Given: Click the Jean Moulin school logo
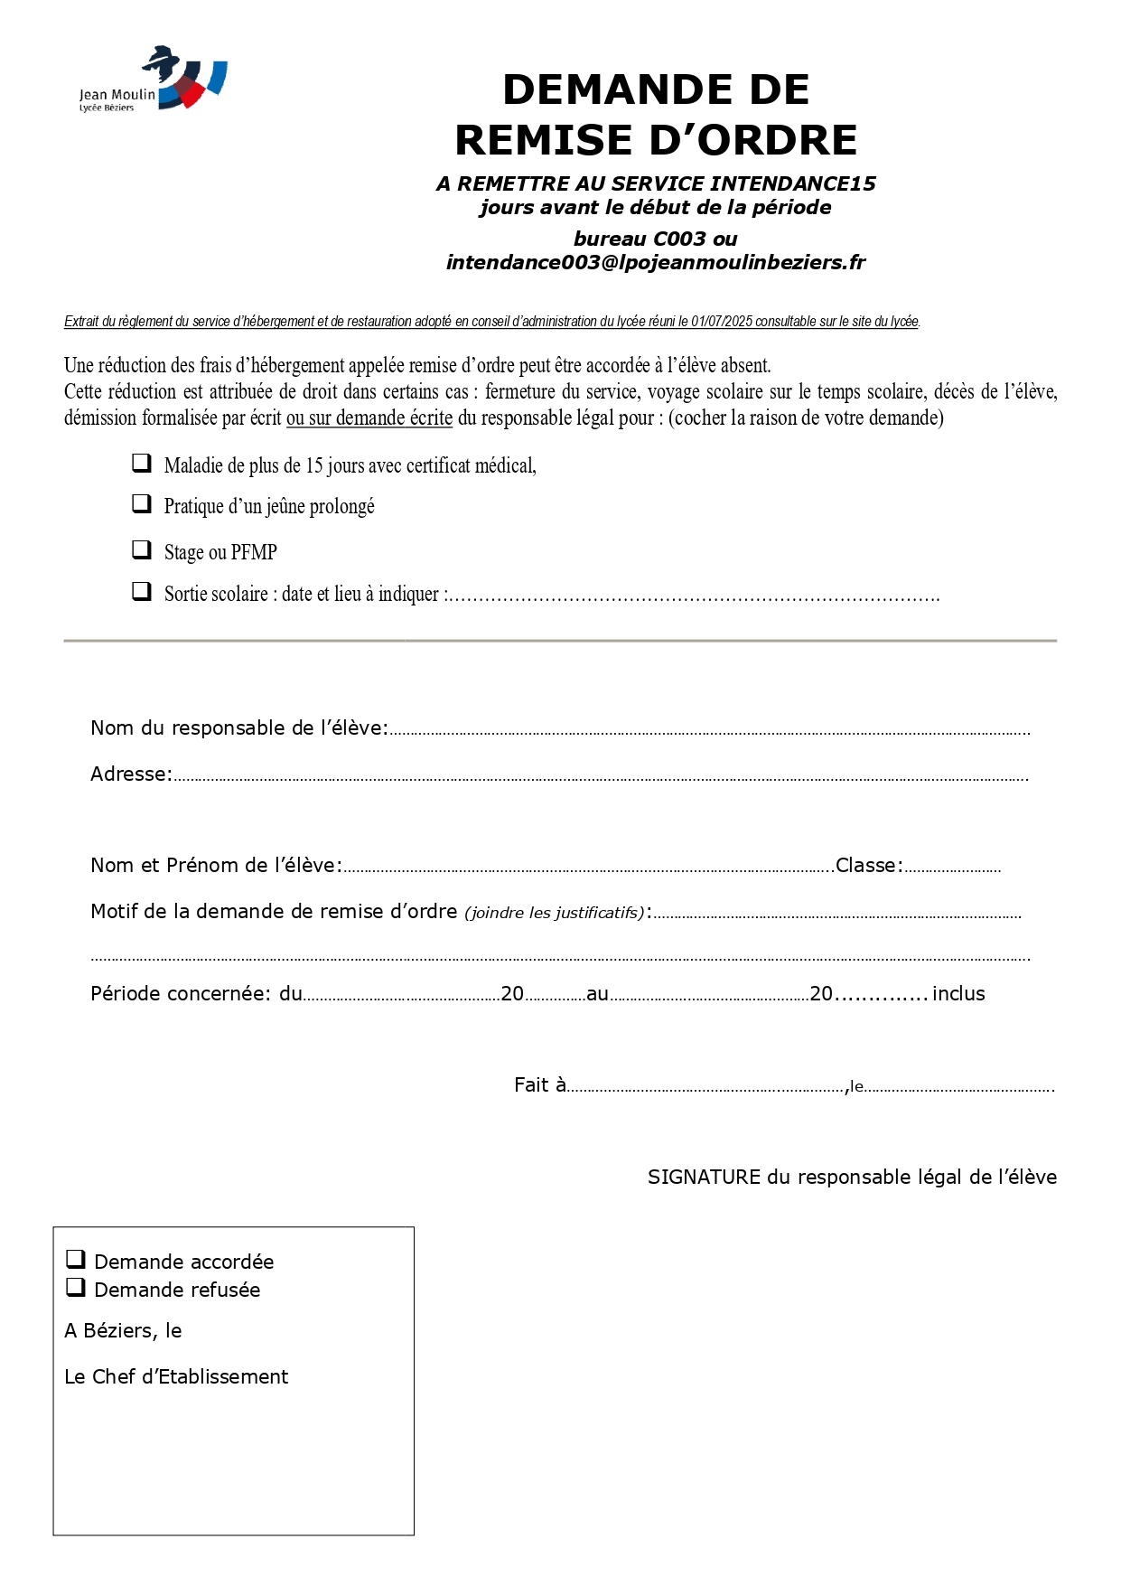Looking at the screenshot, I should [153, 80].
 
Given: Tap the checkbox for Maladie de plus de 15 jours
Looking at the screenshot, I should [142, 464].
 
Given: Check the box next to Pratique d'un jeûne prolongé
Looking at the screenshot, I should [142, 504].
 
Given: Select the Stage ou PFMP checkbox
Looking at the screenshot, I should [142, 549].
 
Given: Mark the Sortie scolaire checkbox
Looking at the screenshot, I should [142, 592].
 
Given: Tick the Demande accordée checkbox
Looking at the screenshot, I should [76, 1259].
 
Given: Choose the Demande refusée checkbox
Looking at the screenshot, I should [76, 1287].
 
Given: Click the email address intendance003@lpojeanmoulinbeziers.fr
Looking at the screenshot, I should [656, 263].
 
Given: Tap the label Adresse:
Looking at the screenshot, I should [131, 774].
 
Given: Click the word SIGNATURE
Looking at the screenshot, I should [705, 1178].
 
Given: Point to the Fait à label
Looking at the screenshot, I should [540, 1085].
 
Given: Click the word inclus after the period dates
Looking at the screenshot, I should [958, 994].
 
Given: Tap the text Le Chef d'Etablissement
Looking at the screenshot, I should [176, 1377].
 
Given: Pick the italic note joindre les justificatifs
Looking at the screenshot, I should [555, 914].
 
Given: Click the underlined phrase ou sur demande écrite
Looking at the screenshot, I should [369, 418].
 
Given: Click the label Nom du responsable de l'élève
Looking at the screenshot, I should [238, 728].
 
